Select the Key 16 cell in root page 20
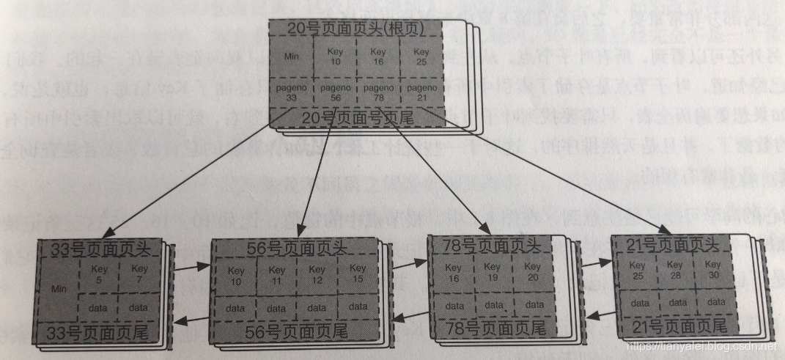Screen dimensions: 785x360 point(377,56)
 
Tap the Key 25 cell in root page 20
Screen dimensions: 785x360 point(421,56)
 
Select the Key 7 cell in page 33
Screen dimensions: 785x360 point(139,274)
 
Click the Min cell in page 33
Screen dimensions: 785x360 point(59,290)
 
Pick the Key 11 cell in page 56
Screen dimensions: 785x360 point(276,275)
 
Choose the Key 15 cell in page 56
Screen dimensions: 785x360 point(358,274)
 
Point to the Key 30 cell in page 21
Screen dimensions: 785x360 point(712,269)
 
